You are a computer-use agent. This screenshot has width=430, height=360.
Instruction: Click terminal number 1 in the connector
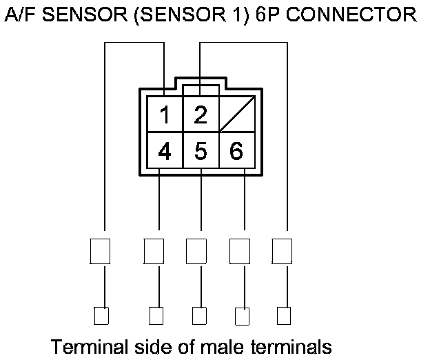pos(165,114)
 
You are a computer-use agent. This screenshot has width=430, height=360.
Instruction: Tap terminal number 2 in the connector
pos(201,114)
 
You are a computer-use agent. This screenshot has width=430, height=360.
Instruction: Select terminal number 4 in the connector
pos(165,150)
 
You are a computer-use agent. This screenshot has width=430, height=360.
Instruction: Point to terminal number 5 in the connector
pos(201,150)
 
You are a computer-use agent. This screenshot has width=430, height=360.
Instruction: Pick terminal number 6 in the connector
pos(236,150)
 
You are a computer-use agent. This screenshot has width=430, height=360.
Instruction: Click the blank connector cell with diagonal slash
pos(236,114)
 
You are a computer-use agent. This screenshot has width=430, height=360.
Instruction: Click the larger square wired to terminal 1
pos(101,251)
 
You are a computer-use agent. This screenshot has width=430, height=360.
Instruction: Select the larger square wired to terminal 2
pos(282,251)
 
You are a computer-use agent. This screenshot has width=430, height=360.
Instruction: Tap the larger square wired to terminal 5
pos(196,251)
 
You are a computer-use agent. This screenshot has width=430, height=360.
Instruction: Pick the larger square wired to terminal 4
pos(154,251)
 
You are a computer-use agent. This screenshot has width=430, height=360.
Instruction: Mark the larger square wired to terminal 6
pos(239,251)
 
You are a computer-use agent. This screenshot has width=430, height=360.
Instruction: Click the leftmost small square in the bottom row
pos(101,316)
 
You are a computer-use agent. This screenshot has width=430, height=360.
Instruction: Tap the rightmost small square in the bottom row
pos(283,316)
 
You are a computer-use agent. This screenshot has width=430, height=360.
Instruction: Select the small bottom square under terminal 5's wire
pos(198,316)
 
